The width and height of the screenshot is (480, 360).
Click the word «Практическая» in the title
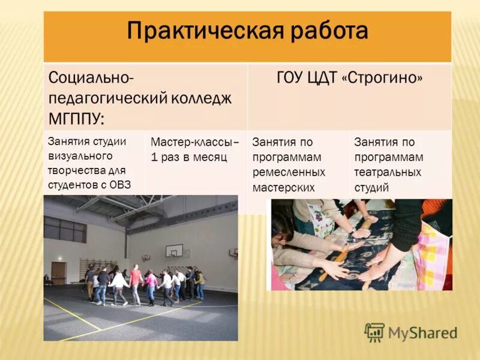coord(198,31)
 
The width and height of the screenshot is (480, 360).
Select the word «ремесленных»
coord(289,172)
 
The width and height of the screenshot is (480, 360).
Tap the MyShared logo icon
coord(374,332)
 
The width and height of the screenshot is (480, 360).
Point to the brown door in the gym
coord(58,273)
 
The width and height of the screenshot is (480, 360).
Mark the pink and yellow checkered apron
coord(437,252)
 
